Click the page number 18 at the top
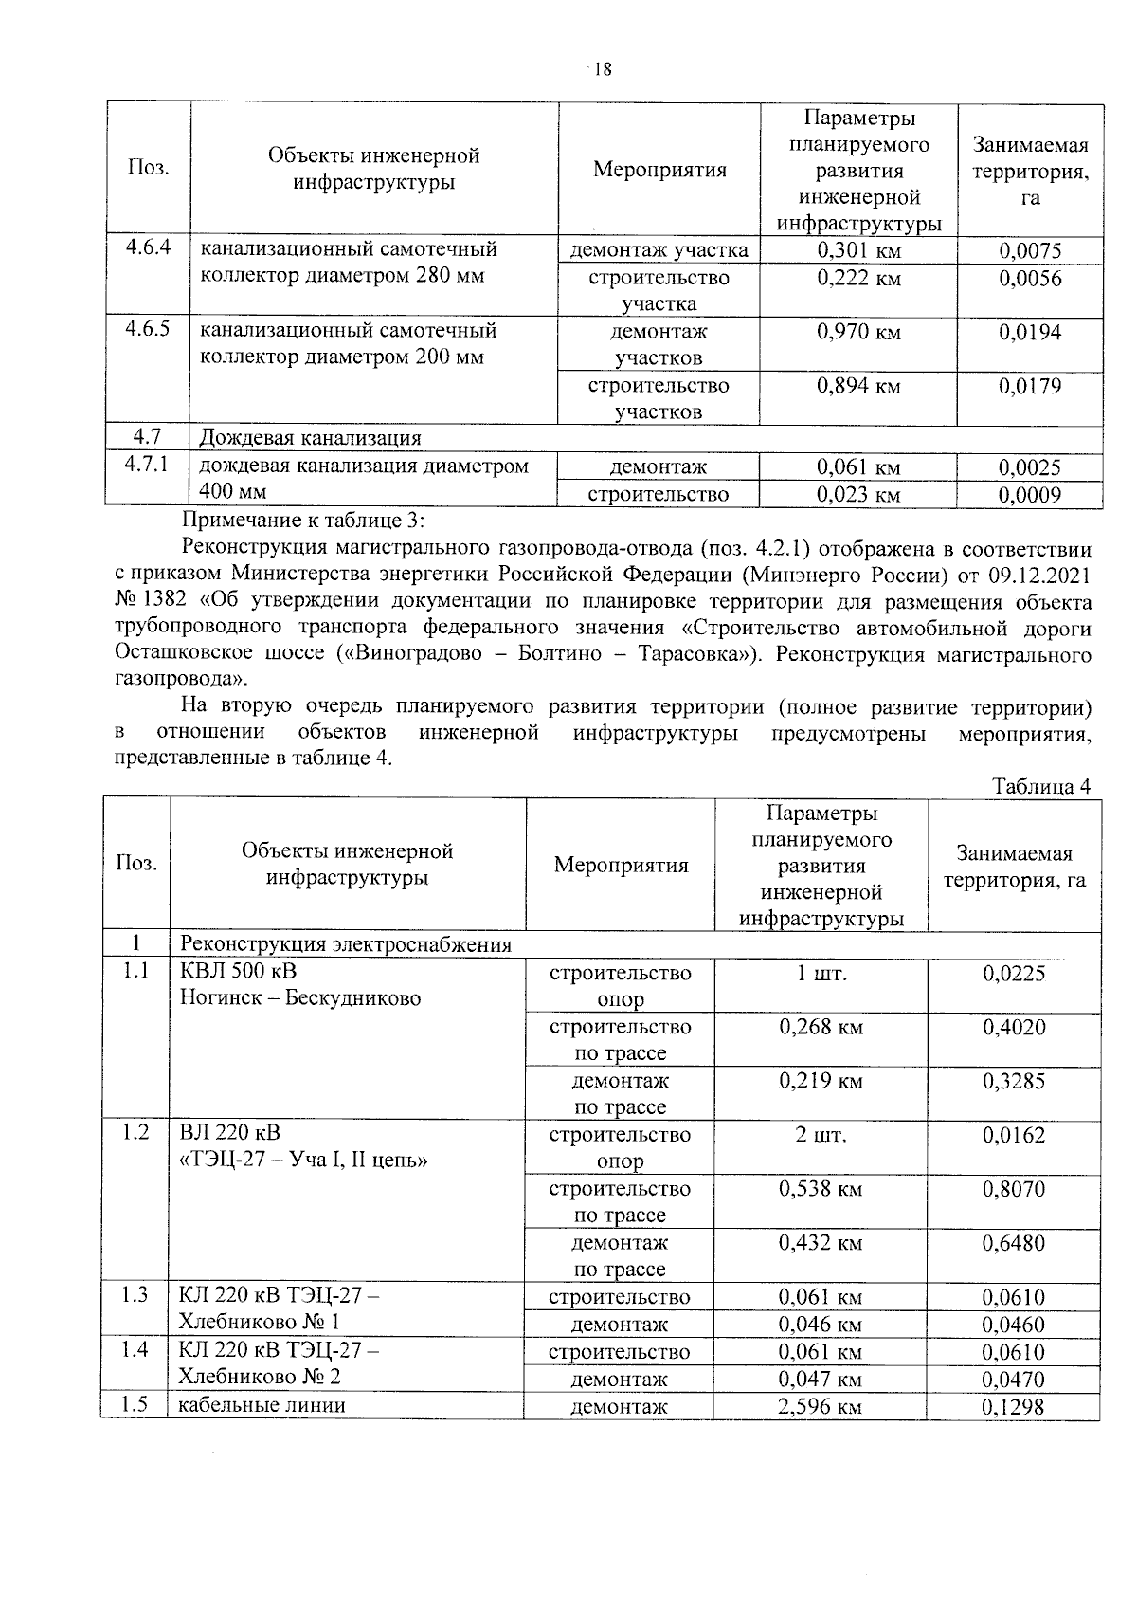point(603,69)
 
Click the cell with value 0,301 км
point(858,251)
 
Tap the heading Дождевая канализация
point(310,438)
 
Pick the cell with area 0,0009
point(1030,495)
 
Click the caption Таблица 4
point(1041,787)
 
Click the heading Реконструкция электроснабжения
point(346,944)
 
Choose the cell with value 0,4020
point(1014,1027)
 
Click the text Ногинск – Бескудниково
point(299,997)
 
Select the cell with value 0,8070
point(1014,1189)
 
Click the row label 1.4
point(135,1349)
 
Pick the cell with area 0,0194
point(1030,333)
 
